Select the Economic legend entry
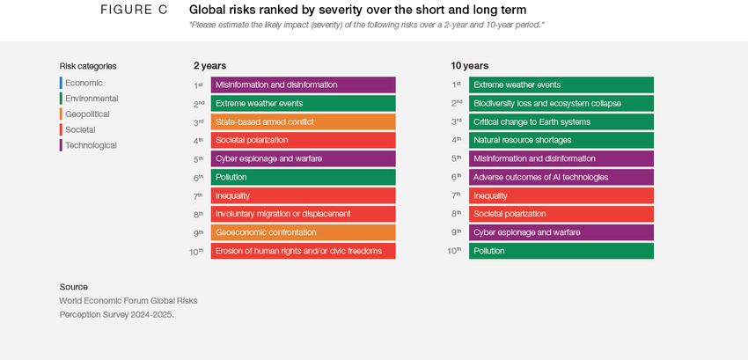84,83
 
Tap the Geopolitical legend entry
87,114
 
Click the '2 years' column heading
209,66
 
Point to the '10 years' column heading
469,66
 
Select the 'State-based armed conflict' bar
303,122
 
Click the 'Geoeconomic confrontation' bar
303,232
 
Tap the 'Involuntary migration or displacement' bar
303,214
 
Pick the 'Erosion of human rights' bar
303,251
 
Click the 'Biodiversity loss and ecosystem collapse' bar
561,103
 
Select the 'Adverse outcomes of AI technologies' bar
561,177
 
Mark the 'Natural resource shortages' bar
561,140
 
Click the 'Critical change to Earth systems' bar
561,121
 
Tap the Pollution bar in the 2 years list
303,177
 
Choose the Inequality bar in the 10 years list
561,195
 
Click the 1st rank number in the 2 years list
199,85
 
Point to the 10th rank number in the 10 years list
455,251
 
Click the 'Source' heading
74,287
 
